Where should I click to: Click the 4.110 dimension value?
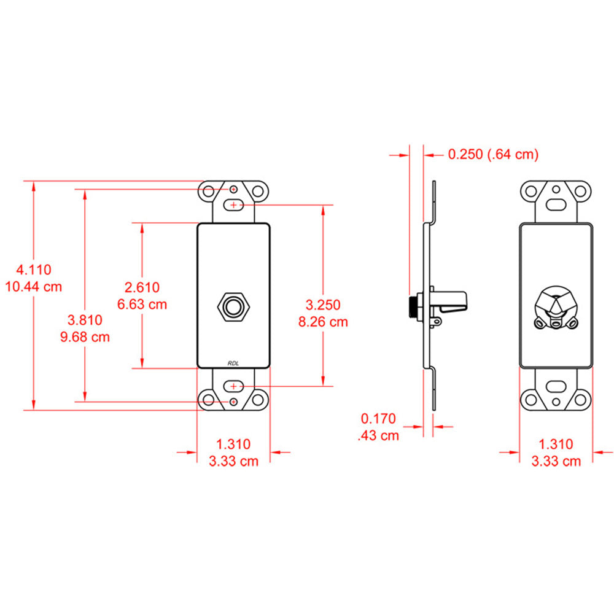34,269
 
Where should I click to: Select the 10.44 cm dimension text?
34,286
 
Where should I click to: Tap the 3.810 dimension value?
85,319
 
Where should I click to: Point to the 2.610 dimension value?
142,287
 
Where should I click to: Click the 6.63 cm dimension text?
142,304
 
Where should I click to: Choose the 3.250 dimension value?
323,305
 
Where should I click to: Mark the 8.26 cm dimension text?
323,322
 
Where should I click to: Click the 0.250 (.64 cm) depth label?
493,155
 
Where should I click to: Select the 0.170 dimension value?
379,419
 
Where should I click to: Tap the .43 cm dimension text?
378,436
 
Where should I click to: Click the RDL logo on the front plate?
233,363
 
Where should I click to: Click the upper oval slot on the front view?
233,204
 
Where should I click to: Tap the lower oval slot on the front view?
233,386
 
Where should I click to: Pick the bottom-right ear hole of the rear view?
581,400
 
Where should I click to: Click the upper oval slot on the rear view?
556,204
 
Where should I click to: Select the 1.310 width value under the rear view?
556,444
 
